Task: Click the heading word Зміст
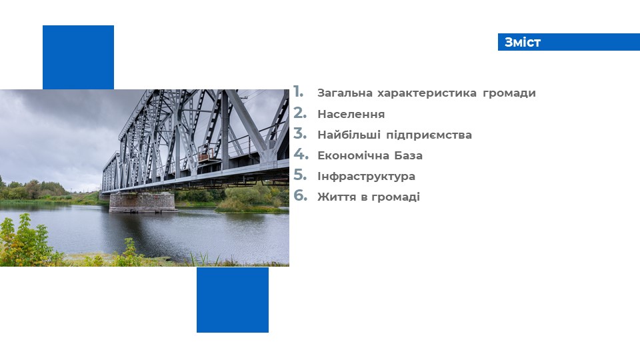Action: (523, 42)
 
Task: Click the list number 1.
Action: (299, 92)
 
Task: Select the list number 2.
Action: (300, 113)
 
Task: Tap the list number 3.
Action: (300, 133)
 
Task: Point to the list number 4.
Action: (301, 154)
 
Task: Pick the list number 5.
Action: (300, 175)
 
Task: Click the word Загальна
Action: (345, 93)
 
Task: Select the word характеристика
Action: (427, 93)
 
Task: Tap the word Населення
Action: (351, 114)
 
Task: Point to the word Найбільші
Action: (349, 135)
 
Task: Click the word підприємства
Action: (429, 135)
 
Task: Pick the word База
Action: (408, 155)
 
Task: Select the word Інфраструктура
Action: (366, 176)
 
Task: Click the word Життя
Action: (337, 197)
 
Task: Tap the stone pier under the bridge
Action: (143, 203)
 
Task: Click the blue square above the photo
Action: (79, 57)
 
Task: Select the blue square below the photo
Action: (233, 300)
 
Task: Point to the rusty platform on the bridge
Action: (207, 154)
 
